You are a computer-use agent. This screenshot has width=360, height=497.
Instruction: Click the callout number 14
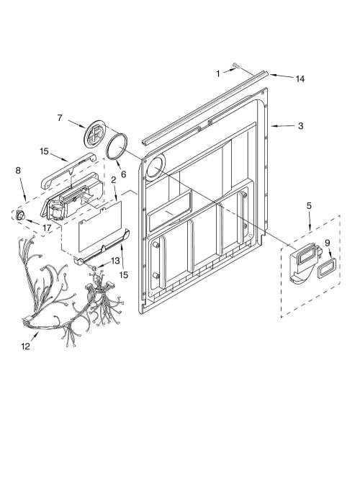[300, 79]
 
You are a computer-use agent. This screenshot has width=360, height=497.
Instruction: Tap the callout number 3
[301, 126]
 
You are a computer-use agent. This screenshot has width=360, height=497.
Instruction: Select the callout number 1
[218, 74]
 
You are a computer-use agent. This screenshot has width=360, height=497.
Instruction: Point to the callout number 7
[60, 117]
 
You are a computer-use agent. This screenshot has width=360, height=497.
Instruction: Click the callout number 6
[123, 174]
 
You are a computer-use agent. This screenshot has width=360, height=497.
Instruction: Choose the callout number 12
[25, 346]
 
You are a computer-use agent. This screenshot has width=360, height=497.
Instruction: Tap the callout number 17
[47, 228]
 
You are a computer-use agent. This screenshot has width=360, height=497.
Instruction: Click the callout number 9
[328, 243]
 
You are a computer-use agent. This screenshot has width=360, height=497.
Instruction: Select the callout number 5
[309, 205]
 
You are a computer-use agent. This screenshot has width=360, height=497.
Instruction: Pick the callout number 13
[115, 261]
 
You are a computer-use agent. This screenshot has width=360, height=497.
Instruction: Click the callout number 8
[18, 170]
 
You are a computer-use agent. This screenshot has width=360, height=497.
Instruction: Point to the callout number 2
[113, 180]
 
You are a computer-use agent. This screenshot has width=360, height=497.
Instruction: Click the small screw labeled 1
[236, 66]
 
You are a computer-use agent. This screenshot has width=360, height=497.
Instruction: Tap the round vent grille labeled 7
[94, 134]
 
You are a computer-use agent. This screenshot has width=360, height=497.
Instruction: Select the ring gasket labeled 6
[117, 145]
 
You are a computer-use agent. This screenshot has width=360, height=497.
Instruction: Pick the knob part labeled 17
[21, 215]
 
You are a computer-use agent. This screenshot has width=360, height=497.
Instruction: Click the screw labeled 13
[94, 268]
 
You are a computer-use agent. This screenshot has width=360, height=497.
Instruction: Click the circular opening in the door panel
[156, 167]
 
